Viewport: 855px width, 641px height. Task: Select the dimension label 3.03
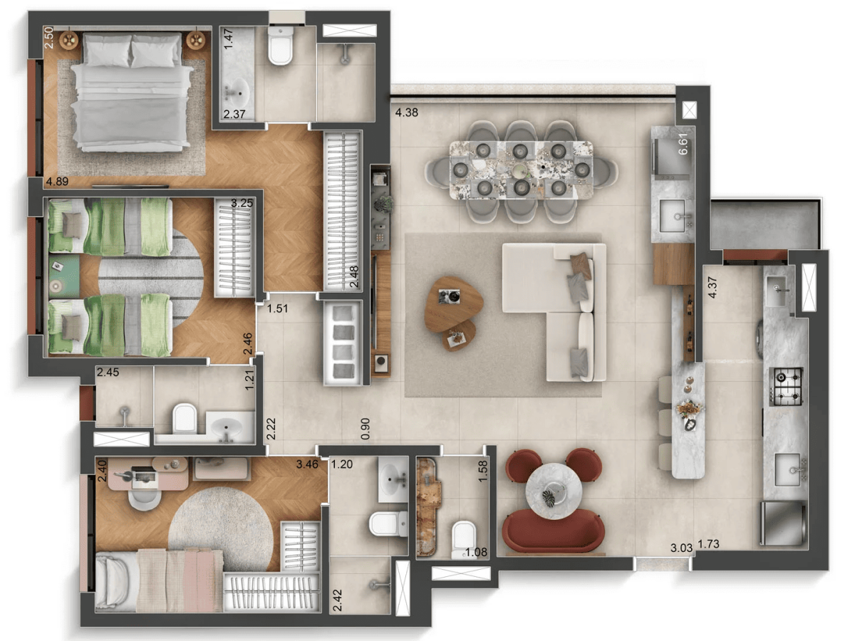pos(682,548)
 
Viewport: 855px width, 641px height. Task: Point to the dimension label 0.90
pos(366,429)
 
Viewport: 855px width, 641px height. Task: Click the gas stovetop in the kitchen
pos(788,385)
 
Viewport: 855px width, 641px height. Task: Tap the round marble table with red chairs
pos(554,492)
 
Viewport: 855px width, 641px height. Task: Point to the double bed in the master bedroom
pos(131,93)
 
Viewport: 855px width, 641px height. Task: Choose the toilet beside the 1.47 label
pos(281,48)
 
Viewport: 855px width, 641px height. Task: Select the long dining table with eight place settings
pos(522,170)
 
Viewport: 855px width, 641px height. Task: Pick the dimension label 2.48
pos(354,274)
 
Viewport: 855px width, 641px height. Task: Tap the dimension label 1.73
pos(710,545)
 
